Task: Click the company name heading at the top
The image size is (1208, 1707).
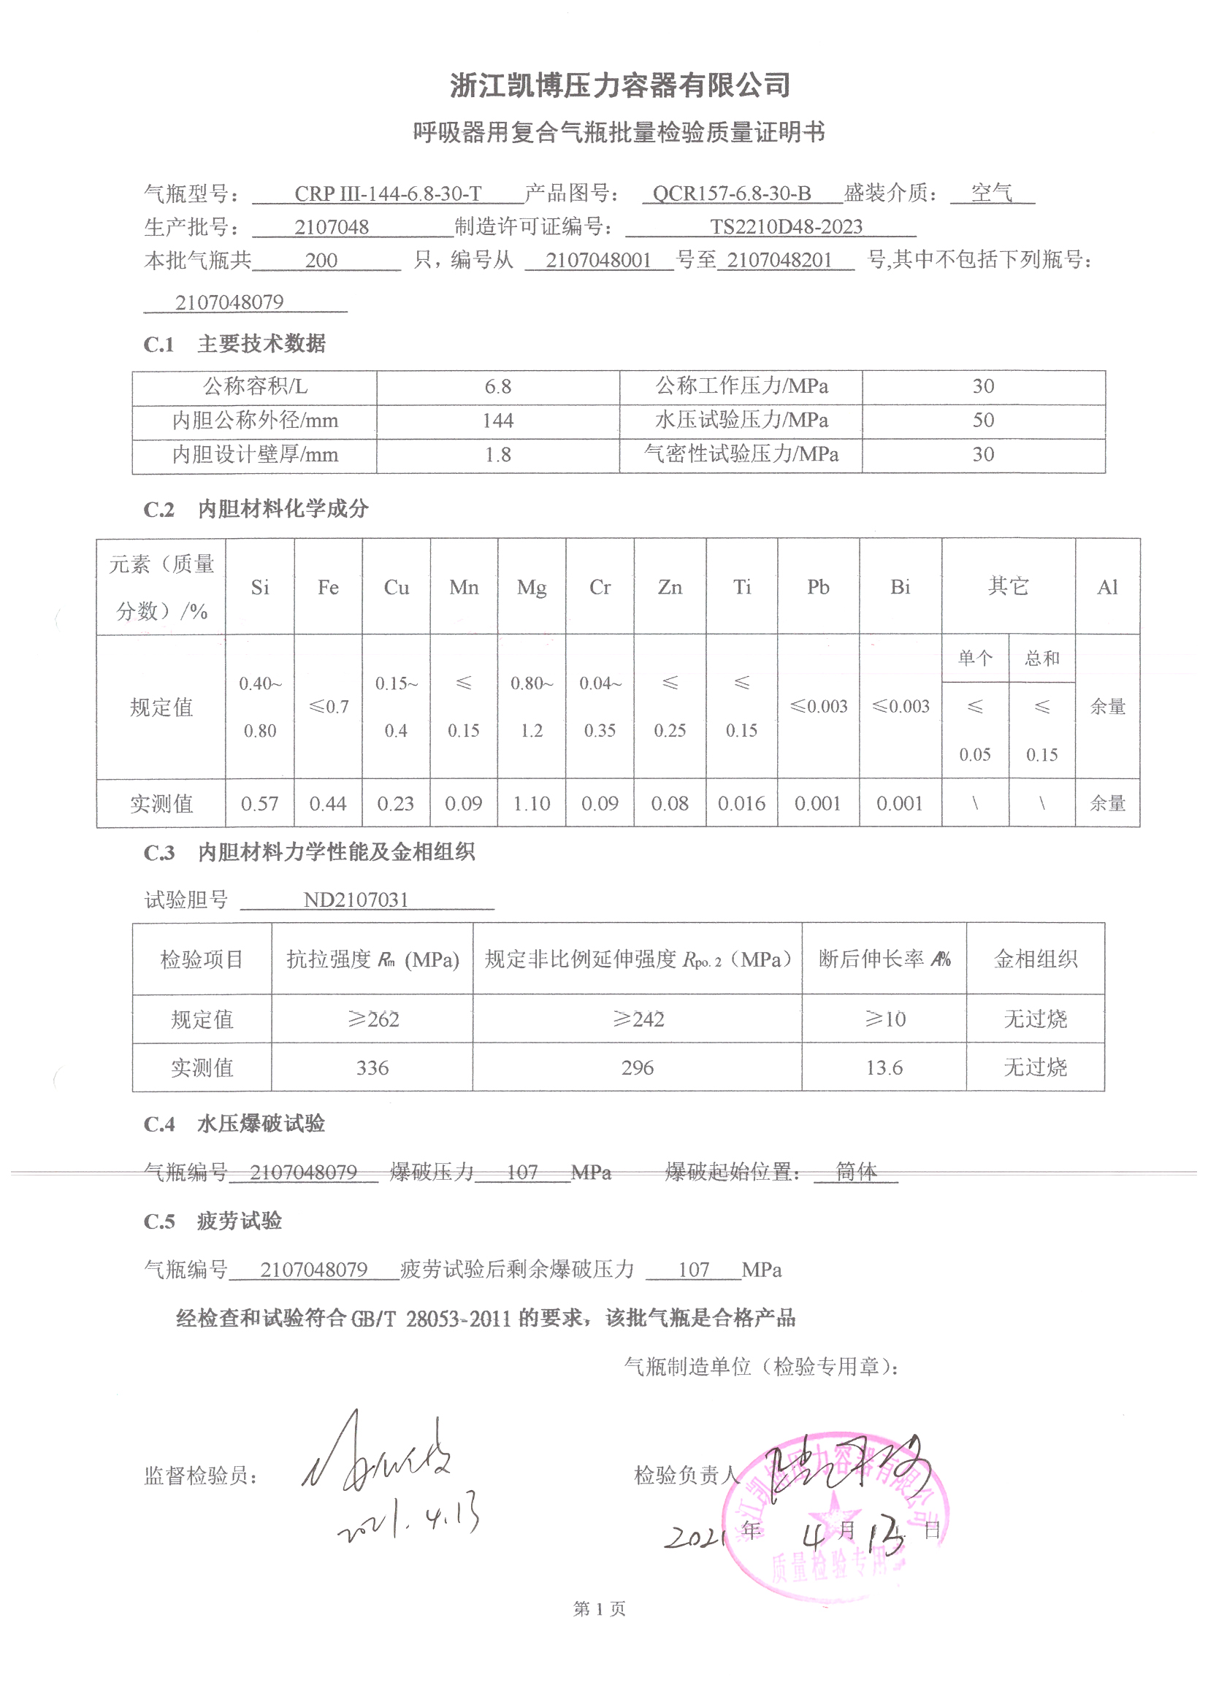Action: [x=619, y=85]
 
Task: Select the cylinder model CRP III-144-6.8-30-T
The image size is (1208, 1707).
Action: [x=388, y=194]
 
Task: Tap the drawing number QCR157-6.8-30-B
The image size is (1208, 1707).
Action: [x=731, y=194]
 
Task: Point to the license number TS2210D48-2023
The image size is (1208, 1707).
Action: [x=786, y=227]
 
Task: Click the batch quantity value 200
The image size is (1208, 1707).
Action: [x=321, y=260]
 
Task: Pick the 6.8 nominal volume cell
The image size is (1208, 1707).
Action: [x=497, y=387]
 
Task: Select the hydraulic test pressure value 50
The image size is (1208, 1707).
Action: [x=982, y=420]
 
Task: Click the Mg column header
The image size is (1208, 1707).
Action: [x=531, y=587]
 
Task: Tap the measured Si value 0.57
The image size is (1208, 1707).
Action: [x=259, y=804]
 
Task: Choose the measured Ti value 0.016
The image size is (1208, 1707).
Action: [x=741, y=804]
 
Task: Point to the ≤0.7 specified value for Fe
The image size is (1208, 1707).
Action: [x=328, y=706]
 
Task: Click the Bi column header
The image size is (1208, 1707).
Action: [x=900, y=587]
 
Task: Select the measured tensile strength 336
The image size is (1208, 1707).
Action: [x=372, y=1067]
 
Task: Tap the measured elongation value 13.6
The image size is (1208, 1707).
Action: [x=884, y=1067]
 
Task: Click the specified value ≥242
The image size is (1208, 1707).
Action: [x=638, y=1019]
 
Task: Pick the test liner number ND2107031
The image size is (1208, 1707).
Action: [x=356, y=900]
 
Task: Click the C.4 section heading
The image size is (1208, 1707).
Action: [x=234, y=1124]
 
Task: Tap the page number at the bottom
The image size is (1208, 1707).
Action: [x=599, y=1609]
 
